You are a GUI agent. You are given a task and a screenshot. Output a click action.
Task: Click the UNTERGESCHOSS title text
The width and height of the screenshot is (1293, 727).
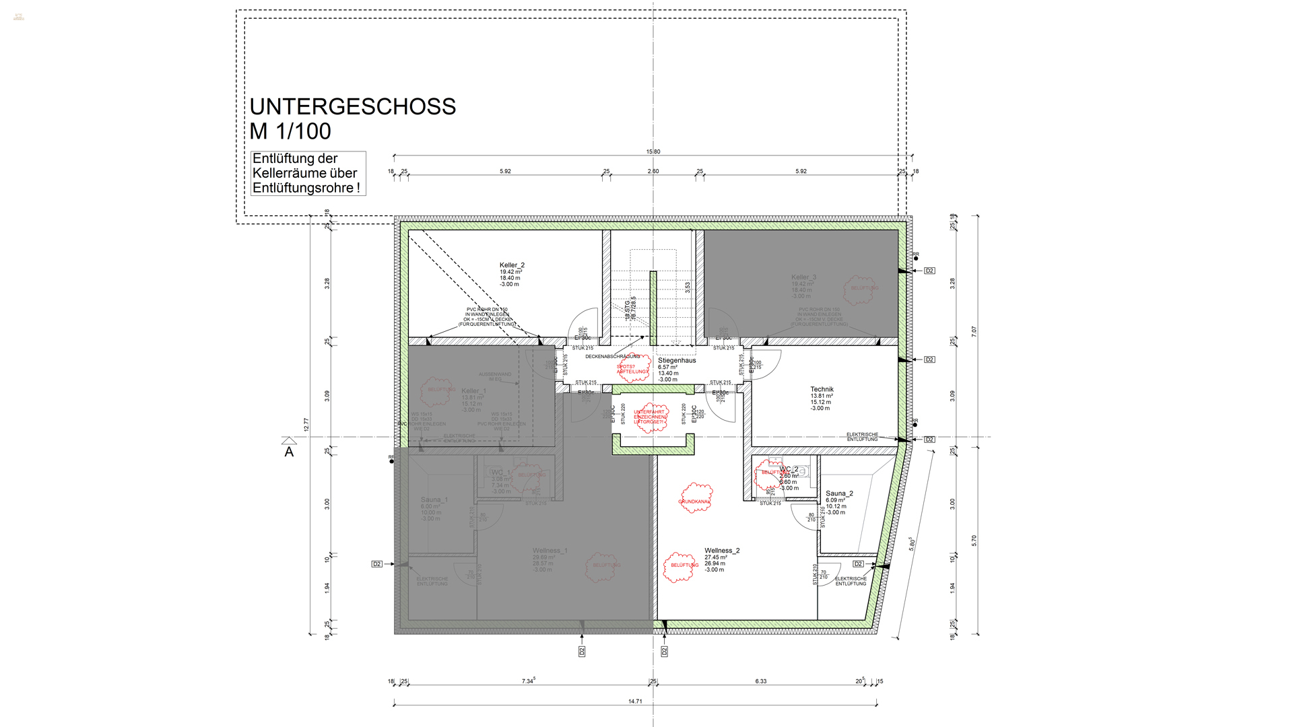(352, 106)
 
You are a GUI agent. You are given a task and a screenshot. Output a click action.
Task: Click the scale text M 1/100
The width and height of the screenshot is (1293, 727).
(290, 131)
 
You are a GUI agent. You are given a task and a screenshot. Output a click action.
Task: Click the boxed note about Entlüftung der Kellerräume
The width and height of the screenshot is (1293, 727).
(308, 173)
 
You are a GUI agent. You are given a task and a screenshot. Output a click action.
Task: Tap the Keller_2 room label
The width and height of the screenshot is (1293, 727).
(512, 265)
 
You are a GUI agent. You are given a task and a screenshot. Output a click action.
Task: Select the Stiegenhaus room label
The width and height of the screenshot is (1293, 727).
(677, 361)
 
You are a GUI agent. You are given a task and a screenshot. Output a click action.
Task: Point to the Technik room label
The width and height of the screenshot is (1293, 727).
(822, 390)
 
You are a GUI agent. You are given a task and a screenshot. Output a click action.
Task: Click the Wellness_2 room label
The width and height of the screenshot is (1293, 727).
(722, 551)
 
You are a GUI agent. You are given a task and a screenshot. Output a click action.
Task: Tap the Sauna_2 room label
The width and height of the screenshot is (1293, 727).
(839, 493)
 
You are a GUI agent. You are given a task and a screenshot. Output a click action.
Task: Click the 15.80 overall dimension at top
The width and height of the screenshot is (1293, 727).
(653, 151)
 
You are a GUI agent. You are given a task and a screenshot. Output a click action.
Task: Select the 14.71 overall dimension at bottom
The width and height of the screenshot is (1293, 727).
(635, 701)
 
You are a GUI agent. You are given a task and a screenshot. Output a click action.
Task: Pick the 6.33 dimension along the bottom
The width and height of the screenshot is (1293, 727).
(761, 681)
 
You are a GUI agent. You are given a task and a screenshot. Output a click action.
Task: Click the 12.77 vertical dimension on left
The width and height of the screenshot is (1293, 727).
(306, 425)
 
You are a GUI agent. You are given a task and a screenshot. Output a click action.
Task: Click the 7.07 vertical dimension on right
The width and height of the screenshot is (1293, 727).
(974, 331)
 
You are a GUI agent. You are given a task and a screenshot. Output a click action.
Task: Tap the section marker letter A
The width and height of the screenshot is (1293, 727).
(289, 452)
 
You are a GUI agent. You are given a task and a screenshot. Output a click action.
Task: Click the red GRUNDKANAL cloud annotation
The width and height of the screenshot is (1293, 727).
(695, 499)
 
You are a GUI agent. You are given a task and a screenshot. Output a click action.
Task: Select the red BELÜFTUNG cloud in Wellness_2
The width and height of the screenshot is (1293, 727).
(682, 565)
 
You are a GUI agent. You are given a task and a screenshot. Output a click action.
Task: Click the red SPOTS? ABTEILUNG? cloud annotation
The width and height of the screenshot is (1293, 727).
(633, 369)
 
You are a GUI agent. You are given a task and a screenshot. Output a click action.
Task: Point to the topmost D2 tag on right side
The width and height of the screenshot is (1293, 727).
(929, 271)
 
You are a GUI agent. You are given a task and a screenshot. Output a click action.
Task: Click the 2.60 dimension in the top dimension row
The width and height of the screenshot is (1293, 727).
(653, 171)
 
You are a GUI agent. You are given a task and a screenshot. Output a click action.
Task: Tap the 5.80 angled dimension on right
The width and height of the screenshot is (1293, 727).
(912, 544)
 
